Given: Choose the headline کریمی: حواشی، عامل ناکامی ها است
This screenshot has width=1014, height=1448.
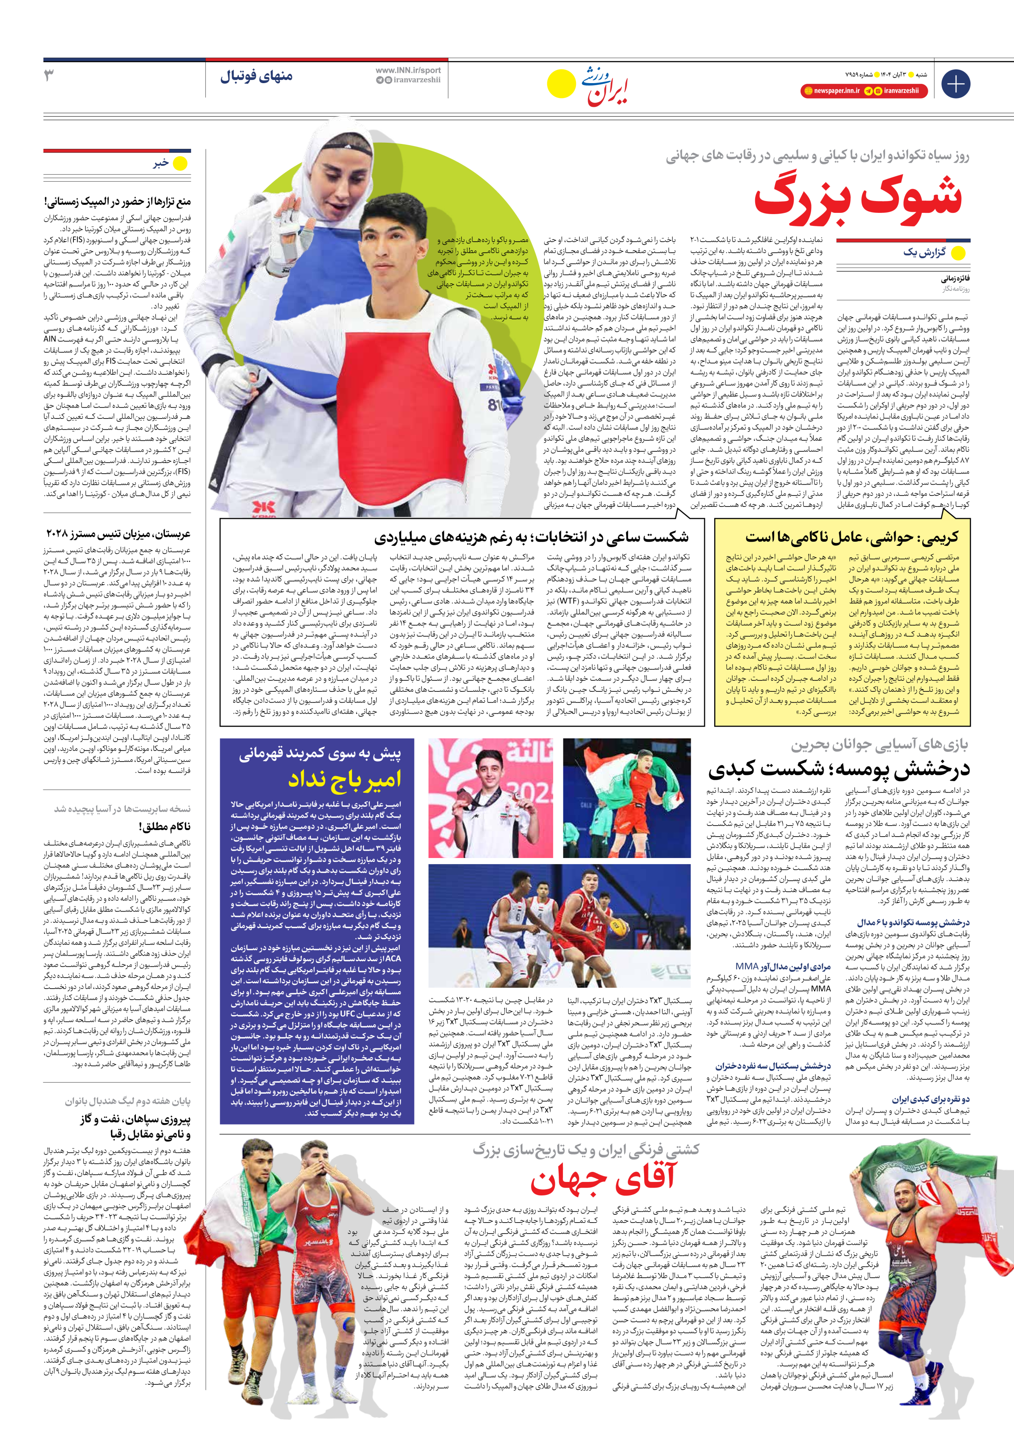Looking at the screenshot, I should coord(851,537).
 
